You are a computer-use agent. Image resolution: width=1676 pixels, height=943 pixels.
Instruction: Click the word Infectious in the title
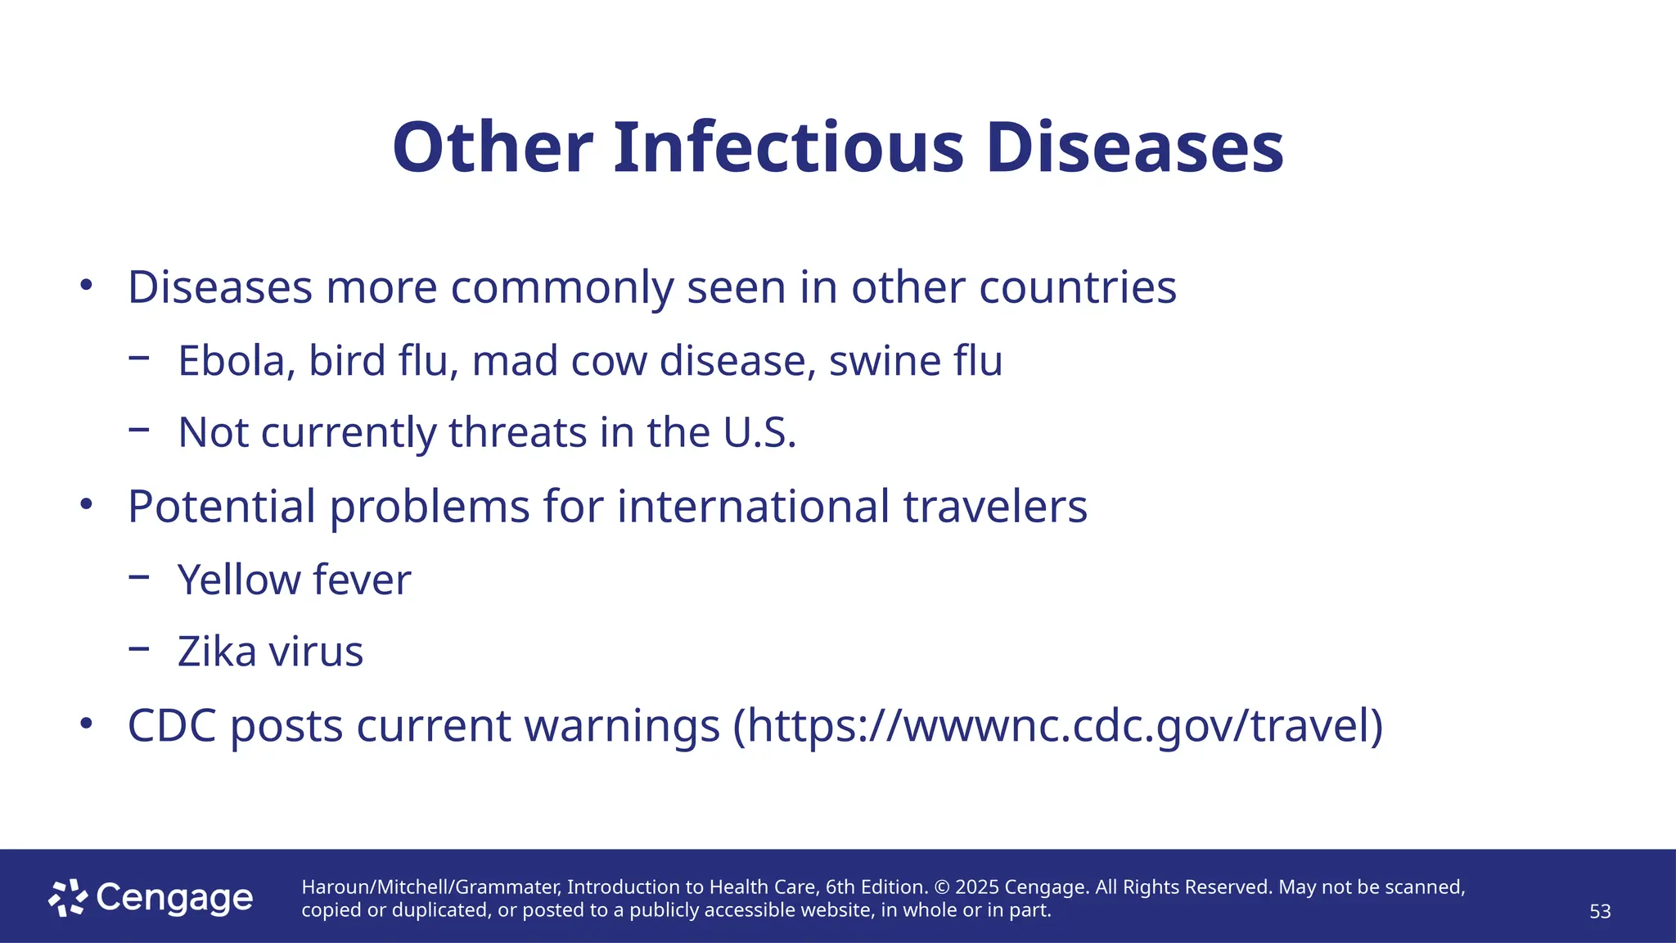(x=789, y=148)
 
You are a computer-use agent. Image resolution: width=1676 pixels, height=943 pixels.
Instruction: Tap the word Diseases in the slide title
(x=1134, y=148)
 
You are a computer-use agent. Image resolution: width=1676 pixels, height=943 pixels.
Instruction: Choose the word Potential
(x=222, y=507)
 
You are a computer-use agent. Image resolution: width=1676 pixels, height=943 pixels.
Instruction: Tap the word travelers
(x=995, y=507)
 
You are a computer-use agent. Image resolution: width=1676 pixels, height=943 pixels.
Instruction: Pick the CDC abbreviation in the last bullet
(x=172, y=726)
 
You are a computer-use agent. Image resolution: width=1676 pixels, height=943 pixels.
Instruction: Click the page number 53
(x=1600, y=912)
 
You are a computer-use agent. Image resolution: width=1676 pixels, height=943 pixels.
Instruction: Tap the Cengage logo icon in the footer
(x=68, y=898)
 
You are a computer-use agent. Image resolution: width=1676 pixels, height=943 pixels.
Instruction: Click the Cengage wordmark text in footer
(x=174, y=898)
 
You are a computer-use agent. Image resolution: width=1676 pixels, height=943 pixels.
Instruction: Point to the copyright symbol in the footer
(x=940, y=887)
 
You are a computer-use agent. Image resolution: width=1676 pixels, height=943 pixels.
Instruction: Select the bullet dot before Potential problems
(x=87, y=504)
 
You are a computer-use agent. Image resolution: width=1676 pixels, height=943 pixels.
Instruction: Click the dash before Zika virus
(x=139, y=649)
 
